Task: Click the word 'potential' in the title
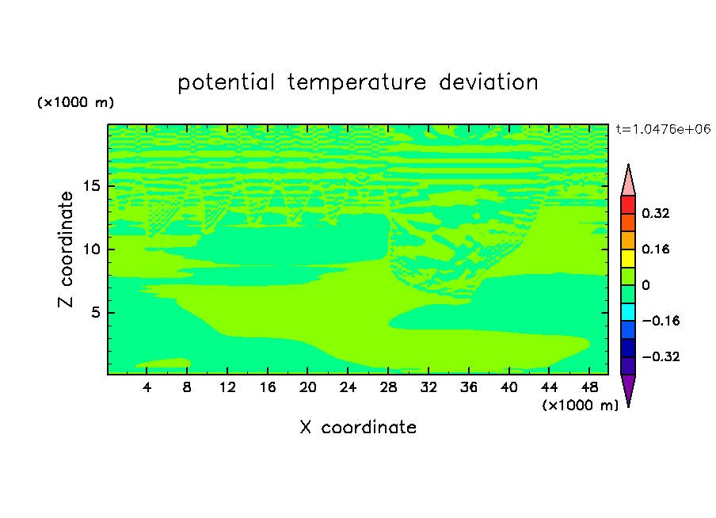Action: (226, 82)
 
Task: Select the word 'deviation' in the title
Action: (489, 82)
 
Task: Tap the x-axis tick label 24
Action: (348, 387)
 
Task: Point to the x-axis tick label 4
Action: (147, 387)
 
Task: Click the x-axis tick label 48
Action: (589, 387)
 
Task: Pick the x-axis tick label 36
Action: (469, 387)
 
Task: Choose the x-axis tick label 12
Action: (227, 387)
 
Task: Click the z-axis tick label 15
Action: (91, 186)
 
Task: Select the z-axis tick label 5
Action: (95, 312)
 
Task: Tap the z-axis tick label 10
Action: (91, 249)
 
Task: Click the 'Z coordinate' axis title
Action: (66, 249)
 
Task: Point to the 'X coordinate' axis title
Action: (358, 427)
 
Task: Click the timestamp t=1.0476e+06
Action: (663, 129)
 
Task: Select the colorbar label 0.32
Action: (655, 213)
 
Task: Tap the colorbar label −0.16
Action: (661, 321)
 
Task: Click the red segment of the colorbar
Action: (628, 204)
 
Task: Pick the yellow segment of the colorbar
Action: (628, 258)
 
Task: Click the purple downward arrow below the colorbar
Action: (628, 388)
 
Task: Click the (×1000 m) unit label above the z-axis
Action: (75, 102)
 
